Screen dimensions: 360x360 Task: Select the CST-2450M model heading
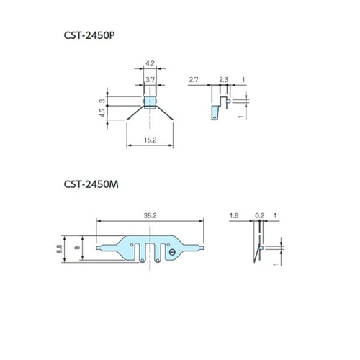click(x=89, y=184)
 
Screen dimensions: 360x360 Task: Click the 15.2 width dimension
click(x=150, y=140)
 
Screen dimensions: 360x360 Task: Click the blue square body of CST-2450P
click(x=149, y=102)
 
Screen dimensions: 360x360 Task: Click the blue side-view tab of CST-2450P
click(x=216, y=110)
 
